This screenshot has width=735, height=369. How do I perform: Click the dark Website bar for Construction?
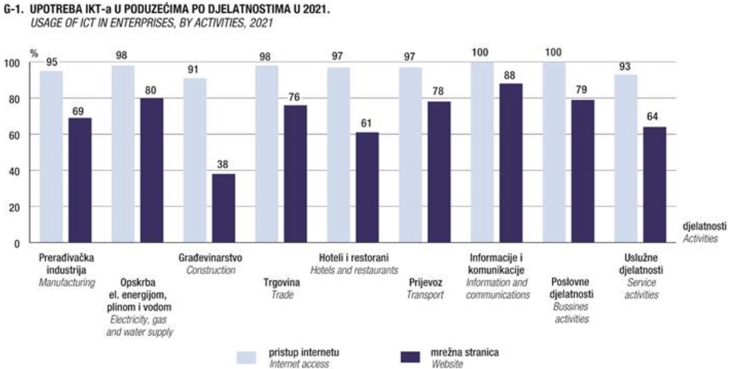click(223, 208)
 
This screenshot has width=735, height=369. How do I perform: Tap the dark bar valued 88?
click(510, 163)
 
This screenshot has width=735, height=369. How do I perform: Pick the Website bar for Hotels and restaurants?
click(367, 187)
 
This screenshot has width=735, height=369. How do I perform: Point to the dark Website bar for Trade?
click(295, 174)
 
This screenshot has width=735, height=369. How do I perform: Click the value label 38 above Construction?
click(223, 166)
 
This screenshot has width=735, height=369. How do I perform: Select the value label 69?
click(80, 111)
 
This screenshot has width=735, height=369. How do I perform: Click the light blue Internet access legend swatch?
click(246, 357)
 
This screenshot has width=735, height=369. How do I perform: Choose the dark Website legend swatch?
click(409, 357)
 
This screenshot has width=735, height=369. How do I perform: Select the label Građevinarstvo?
click(210, 258)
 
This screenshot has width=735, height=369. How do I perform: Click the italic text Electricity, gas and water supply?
click(141, 326)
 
